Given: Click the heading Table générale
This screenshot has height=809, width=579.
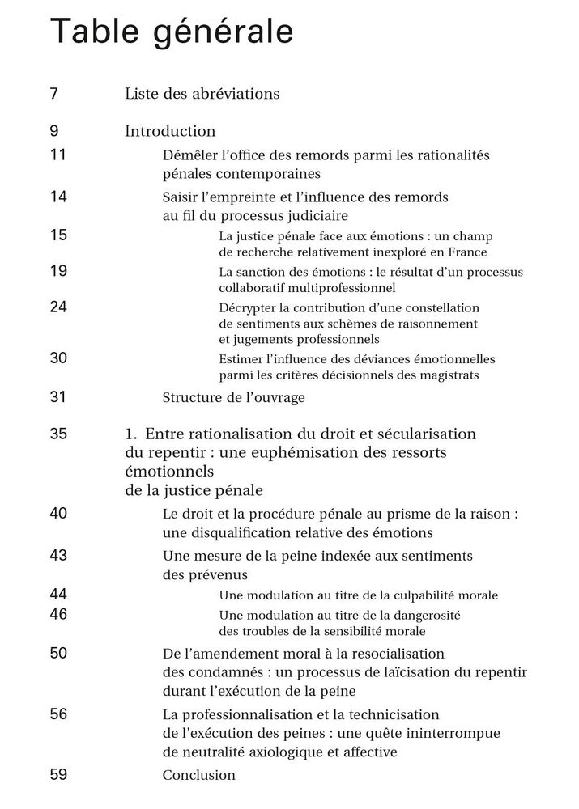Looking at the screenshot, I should click(x=172, y=32).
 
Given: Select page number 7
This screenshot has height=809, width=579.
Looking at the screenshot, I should click(x=53, y=93).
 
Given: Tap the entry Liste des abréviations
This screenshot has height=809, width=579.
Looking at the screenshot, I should click(x=202, y=94).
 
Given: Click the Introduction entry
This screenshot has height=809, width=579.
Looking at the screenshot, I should click(x=170, y=131).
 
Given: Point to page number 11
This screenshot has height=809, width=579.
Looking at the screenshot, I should click(x=58, y=154).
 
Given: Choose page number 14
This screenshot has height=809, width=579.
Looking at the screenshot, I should click(x=58, y=197).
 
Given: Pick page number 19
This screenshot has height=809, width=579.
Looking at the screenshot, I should click(x=58, y=271).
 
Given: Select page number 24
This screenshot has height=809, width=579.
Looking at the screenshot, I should click(x=58, y=307).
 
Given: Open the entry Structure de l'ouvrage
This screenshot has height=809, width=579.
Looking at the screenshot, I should click(x=233, y=397).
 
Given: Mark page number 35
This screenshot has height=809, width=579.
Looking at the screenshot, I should click(x=58, y=434).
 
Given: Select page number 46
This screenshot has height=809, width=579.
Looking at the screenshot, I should click(x=58, y=614).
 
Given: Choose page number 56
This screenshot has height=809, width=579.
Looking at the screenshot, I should click(x=58, y=714).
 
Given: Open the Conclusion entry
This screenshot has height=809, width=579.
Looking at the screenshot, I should click(x=198, y=775).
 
